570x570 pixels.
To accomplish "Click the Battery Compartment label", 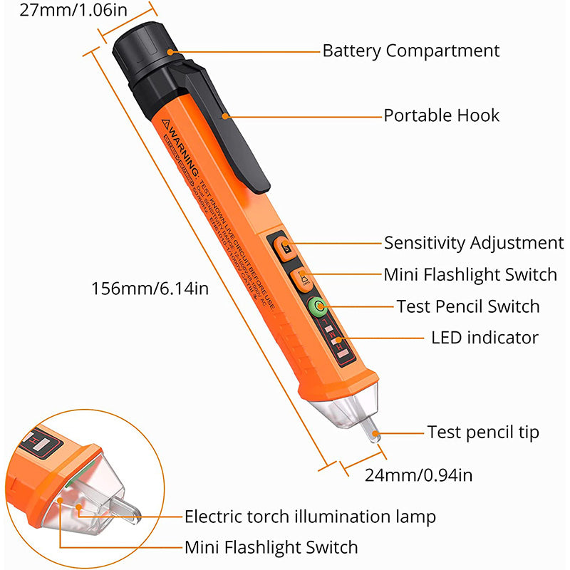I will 411,51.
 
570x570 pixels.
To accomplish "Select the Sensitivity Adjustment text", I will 474,243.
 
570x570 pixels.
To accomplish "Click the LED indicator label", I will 484,337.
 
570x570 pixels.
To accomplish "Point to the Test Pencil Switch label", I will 468,306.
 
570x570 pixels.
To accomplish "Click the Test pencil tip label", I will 483,432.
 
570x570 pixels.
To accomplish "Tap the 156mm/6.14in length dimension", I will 150,289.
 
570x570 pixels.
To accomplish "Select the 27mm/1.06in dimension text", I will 65,11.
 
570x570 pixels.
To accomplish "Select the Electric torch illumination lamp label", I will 310,516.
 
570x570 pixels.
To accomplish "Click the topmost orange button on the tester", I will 284,247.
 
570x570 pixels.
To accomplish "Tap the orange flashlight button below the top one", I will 301,277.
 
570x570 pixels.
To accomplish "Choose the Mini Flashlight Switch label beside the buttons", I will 470,274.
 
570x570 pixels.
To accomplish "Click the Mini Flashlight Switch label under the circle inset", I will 271,547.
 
